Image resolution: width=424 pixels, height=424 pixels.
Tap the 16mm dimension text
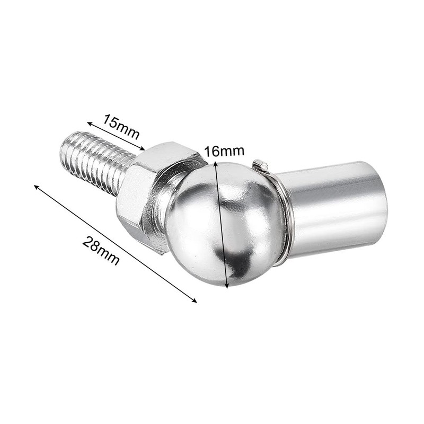coord(224,151)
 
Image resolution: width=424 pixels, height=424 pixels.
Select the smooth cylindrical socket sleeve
coord(334,207)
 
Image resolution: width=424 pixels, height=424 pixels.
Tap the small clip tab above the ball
coord(258,164)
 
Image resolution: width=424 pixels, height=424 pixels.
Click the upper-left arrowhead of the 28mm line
coord(36,187)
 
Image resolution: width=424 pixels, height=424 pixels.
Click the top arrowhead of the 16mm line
coord(216,164)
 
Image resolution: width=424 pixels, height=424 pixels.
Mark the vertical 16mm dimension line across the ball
coord(222,225)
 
